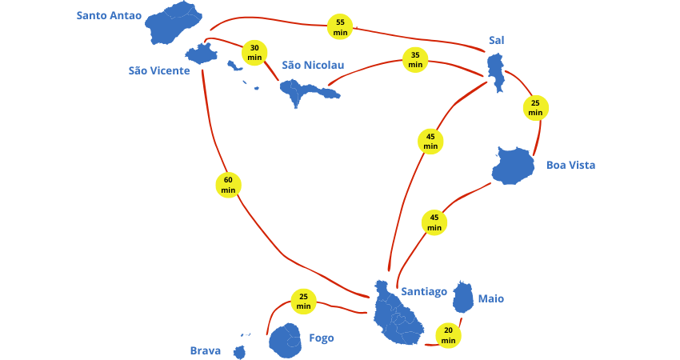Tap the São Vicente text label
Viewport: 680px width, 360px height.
pyautogui.click(x=159, y=70)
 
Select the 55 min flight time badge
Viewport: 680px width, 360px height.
pyautogui.click(x=340, y=27)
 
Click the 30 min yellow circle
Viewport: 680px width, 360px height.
pyautogui.click(x=254, y=53)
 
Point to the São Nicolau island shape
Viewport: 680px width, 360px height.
pyautogui.click(x=306, y=92)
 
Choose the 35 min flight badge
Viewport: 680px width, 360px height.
pyautogui.click(x=415, y=60)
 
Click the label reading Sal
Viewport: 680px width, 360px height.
pyautogui.click(x=497, y=40)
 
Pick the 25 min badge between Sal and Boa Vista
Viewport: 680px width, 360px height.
pyautogui.click(x=535, y=108)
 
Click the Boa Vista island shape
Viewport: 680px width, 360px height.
pyautogui.click(x=514, y=166)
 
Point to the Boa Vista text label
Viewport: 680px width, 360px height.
pyautogui.click(x=570, y=166)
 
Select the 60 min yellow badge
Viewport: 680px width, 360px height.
pyautogui.click(x=228, y=185)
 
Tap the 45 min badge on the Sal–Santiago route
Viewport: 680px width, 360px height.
pyautogui.click(x=430, y=142)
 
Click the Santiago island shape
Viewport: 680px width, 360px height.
pyautogui.click(x=397, y=314)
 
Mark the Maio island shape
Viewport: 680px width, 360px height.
pyautogui.click(x=462, y=297)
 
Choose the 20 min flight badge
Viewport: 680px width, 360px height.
pyautogui.click(x=449, y=335)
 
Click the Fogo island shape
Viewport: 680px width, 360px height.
pyautogui.click(x=285, y=341)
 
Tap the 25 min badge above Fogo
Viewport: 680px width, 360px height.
pyautogui.click(x=303, y=302)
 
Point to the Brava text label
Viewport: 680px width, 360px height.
pyautogui.click(x=206, y=350)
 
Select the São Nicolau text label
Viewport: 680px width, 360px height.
pyautogui.click(x=313, y=65)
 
